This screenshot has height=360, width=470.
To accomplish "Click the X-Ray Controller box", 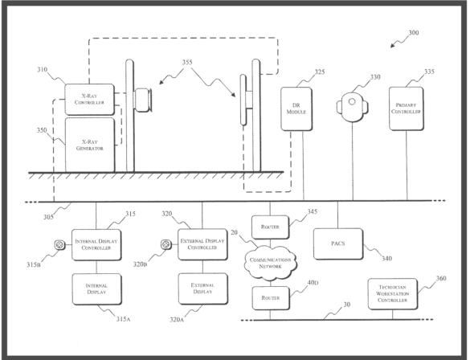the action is tap(90, 99).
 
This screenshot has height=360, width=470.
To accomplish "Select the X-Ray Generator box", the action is tap(90, 145).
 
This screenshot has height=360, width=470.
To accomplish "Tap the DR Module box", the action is tap(296, 108).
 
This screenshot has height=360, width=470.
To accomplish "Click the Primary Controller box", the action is tap(407, 108).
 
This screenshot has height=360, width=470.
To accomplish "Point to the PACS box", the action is tap(338, 243).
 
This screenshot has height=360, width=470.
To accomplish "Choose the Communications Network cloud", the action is tap(271, 263).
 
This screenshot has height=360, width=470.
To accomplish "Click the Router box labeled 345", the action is tap(271, 227).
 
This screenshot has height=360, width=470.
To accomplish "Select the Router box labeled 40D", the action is tap(271, 298).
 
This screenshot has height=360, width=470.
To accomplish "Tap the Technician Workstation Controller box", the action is tap(392, 294).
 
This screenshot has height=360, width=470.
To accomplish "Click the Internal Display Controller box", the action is tap(96, 244).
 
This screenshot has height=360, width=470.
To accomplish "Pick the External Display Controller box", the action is tap(202, 244).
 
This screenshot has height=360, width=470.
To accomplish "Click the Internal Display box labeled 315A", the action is tap(96, 289).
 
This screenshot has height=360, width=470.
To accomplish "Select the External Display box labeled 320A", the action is tap(203, 288).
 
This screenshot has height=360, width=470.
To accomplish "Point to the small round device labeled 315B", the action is tap(59, 245).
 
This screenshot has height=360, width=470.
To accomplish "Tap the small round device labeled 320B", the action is tap(166, 244).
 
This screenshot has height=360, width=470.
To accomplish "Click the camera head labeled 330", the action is tap(352, 107).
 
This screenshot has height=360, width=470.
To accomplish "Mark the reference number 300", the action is tap(414, 32).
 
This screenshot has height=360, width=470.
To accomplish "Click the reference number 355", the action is tap(187, 63).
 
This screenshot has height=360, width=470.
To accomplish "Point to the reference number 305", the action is tap(48, 217).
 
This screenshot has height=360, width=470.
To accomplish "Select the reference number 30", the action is tap(346, 305).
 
